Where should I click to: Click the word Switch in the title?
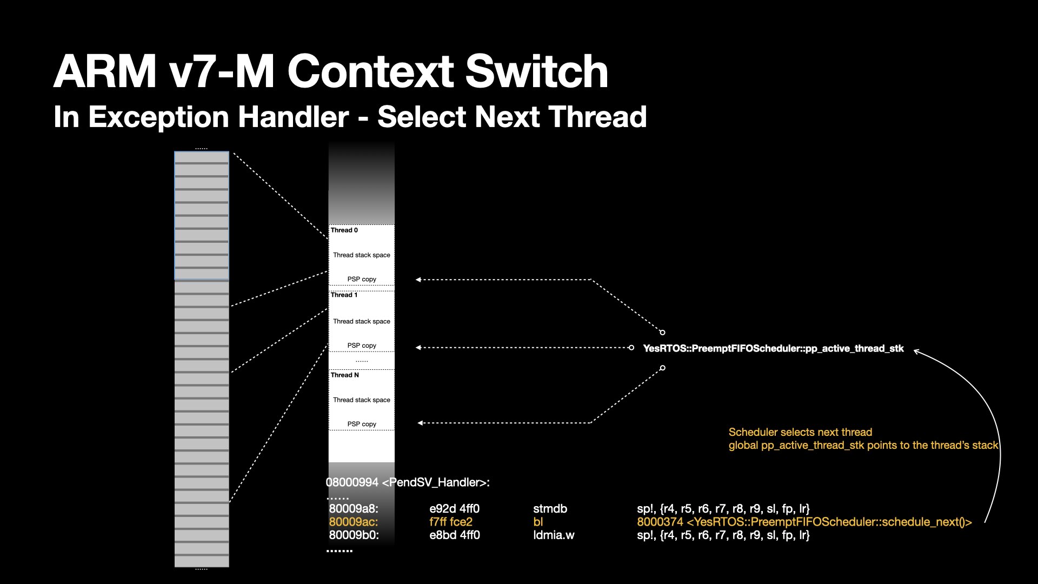pos(536,71)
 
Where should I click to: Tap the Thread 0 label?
pos(344,230)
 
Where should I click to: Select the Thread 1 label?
pos(344,295)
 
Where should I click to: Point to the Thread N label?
pos(345,375)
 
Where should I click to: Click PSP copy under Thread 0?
pos(362,280)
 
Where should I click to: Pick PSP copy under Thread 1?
pos(362,346)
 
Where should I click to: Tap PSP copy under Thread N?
pos(362,424)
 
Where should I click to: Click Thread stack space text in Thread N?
pos(362,400)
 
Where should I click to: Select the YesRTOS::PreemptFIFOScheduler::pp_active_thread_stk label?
pos(773,349)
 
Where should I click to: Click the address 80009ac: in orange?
pos(354,522)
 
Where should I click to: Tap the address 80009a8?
pos(354,509)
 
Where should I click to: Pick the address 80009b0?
pos(354,535)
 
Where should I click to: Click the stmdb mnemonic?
pos(550,509)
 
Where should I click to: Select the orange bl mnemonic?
pos(538,522)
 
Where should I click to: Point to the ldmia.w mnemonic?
pos(554,535)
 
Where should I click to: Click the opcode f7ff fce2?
pos(451,522)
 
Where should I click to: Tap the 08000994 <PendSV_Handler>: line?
pos(408,483)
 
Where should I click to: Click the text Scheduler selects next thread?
pos(800,433)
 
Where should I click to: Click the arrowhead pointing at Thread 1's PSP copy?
pos(418,348)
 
